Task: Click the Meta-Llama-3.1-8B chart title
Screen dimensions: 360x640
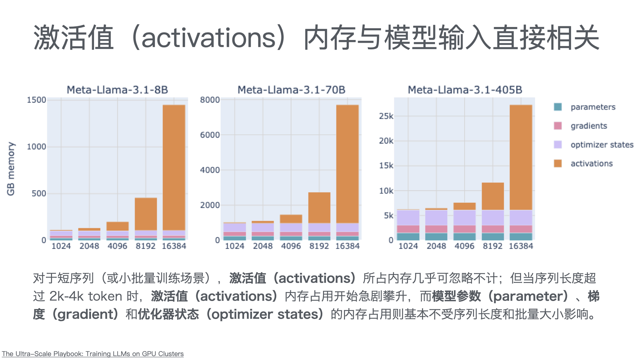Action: coord(117,90)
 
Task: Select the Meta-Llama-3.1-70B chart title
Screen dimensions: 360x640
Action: coord(291,90)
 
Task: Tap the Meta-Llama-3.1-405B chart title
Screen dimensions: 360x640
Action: coord(465,90)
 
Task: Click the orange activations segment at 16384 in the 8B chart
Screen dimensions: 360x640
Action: coord(174,167)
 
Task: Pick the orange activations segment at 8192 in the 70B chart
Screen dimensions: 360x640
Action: coord(319,207)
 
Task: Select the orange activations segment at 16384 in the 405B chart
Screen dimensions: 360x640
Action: coord(521,157)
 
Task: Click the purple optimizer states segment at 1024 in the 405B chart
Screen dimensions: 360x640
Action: coord(408,218)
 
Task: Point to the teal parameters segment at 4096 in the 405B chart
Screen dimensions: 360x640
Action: coord(465,237)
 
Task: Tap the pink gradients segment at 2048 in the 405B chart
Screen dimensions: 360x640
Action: coord(436,229)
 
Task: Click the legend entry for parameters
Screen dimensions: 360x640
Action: coord(593,107)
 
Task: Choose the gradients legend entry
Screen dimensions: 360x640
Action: coord(589,126)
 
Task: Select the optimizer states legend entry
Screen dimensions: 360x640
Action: coord(602,145)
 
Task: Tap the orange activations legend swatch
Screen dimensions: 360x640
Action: coord(558,163)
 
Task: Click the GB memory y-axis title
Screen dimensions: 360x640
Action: coord(11,169)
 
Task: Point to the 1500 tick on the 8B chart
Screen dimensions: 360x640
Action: coord(36,100)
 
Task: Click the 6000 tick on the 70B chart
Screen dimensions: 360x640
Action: coord(210,135)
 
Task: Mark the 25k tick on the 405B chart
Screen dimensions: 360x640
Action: coord(386,116)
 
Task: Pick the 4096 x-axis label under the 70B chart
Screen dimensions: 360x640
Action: coord(291,246)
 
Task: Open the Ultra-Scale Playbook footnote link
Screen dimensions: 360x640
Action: coord(93,354)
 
